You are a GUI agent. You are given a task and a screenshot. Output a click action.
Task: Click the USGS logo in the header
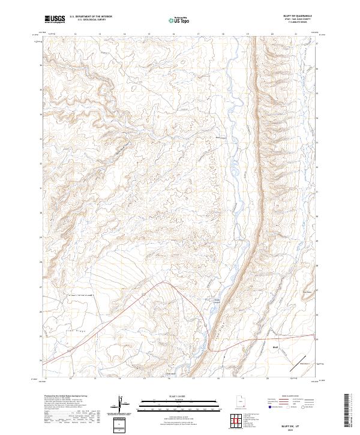[55, 19]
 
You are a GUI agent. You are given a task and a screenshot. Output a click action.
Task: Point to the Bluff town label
[275, 347]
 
